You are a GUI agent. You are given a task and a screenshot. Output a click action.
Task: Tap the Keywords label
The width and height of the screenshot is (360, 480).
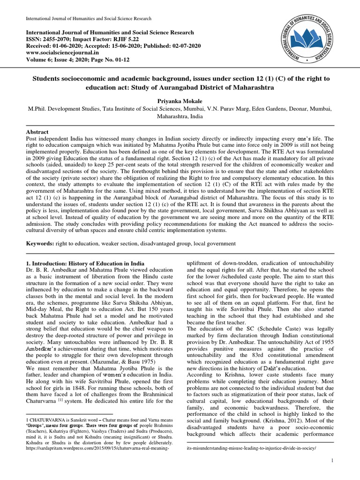[x=39, y=244]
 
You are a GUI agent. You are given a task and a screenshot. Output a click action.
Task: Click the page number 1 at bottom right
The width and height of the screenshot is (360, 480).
[x=332, y=461]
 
